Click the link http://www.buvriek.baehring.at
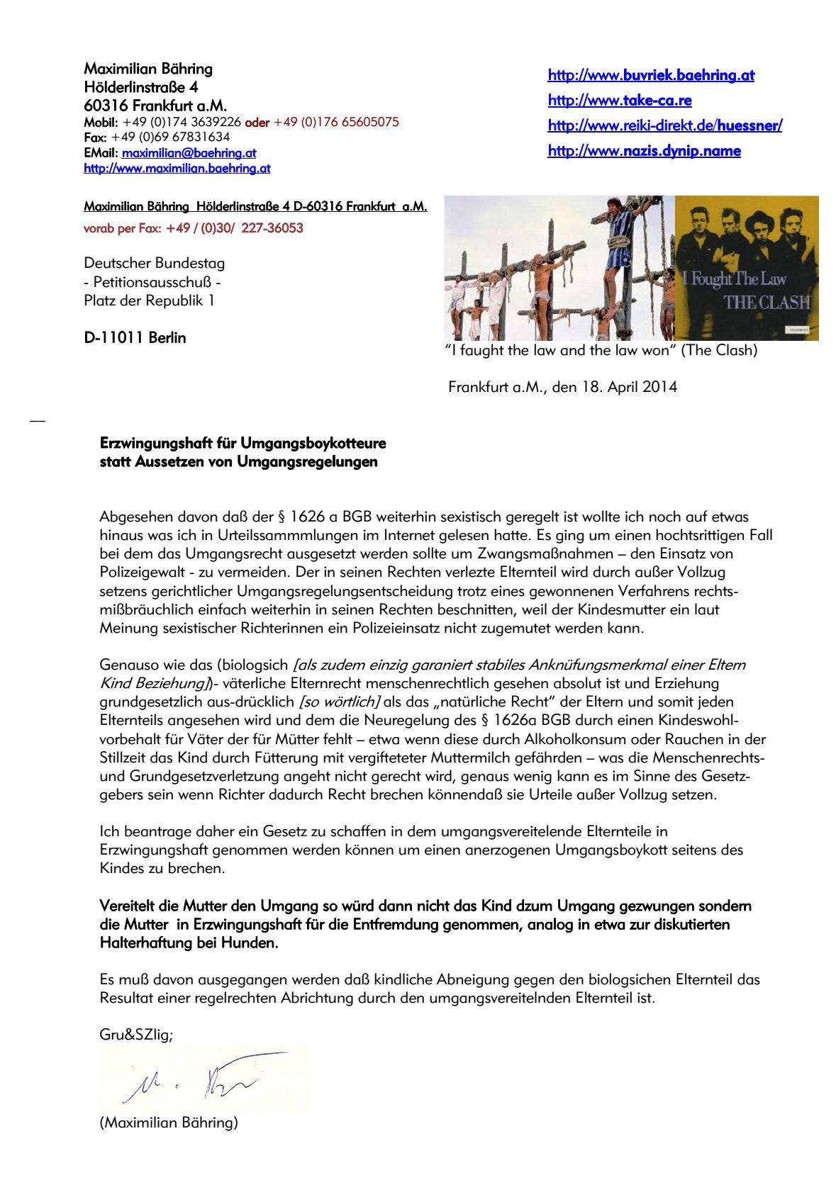pos(650,75)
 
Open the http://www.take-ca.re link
pos(619,100)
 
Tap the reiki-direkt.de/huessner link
pos(664,125)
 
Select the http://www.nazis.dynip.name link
pos(644,151)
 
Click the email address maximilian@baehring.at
pos(189,152)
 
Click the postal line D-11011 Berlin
pos(135,338)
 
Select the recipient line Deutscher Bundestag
pos(154,263)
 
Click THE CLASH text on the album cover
pos(767,303)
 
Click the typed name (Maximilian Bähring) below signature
pos(169,1122)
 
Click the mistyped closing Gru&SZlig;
pos(136,1035)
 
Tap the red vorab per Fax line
pos(193,228)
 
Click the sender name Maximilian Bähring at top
pos(148,69)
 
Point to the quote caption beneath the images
pos(601,350)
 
